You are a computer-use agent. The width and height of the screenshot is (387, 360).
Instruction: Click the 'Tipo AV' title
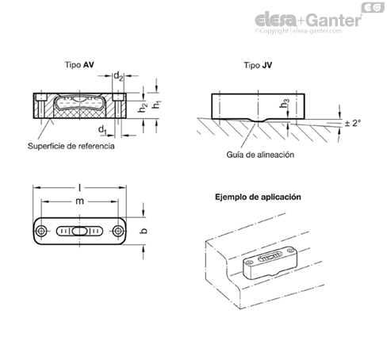[x=79, y=65]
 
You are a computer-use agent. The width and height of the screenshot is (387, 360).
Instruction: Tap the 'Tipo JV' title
[x=258, y=65]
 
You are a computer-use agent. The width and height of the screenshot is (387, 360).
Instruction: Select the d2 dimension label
[x=118, y=76]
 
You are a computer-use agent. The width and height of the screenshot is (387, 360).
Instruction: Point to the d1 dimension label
[x=102, y=130]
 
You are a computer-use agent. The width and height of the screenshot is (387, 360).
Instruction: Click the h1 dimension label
[x=157, y=105]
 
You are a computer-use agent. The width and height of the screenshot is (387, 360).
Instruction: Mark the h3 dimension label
[x=285, y=103]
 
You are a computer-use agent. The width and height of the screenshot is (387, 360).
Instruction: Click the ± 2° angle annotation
[x=353, y=123]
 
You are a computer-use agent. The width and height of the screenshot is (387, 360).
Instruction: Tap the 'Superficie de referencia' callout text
[x=71, y=146]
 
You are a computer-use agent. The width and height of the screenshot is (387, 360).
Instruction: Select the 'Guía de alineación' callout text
[x=260, y=155]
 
